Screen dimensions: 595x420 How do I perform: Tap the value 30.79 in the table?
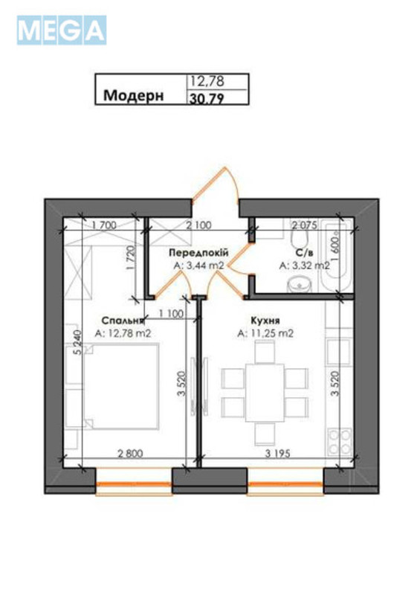[x=209, y=96]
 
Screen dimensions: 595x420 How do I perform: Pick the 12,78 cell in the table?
[x=208, y=81]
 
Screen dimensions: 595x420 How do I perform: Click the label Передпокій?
[x=197, y=253]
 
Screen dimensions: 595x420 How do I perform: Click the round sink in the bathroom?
[x=302, y=285]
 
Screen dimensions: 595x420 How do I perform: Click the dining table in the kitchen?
[x=265, y=390]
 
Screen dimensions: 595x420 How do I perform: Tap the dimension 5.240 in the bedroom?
[x=77, y=346]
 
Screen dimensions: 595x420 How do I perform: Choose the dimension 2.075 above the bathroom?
[x=305, y=224]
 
